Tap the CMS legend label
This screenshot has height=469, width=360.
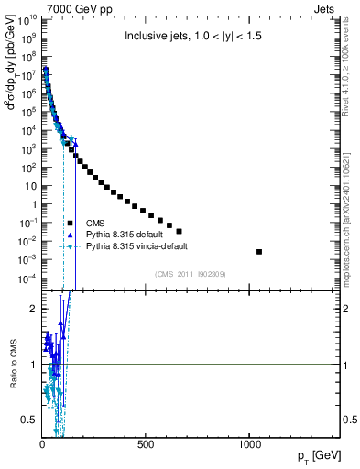click(x=94, y=223)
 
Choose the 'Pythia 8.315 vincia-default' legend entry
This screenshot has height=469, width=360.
click(x=135, y=246)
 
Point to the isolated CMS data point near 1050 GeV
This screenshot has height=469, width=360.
click(x=259, y=252)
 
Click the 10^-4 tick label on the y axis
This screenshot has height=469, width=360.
click(x=26, y=278)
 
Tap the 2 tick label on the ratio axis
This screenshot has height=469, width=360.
click(x=32, y=309)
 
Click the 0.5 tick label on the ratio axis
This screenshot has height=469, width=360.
click(x=29, y=420)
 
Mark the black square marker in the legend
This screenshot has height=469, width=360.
click(x=70, y=223)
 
